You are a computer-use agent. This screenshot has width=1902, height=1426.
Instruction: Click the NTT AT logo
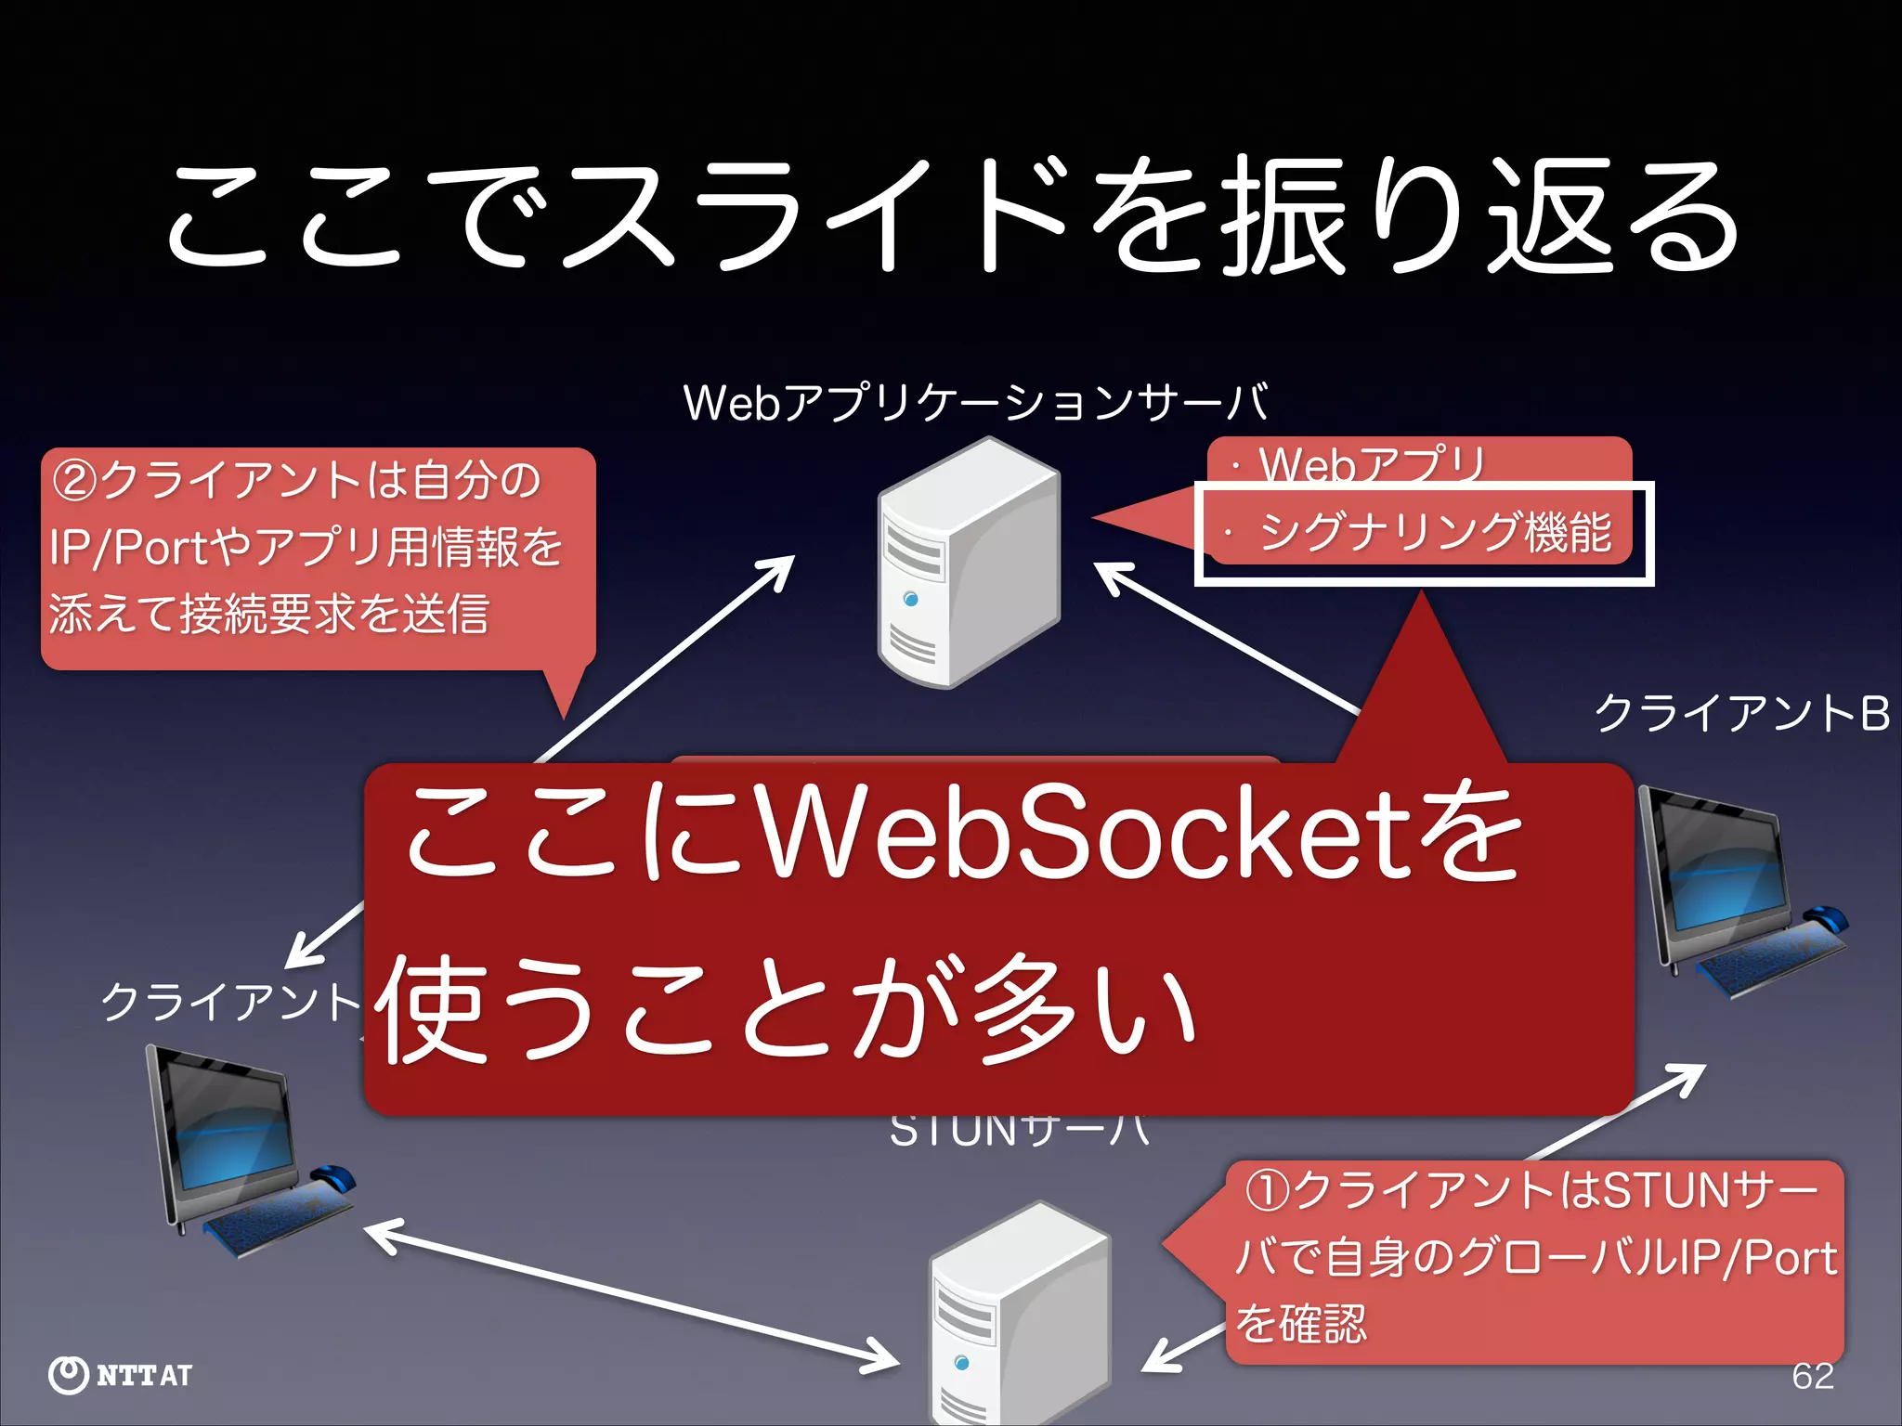[121, 1375]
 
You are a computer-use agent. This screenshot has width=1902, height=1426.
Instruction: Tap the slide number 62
[1813, 1376]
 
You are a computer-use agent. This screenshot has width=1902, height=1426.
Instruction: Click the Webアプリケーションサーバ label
[975, 403]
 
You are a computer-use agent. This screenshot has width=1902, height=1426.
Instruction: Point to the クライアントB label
[1742, 714]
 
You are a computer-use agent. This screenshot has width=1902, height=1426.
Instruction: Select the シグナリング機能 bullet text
[1435, 533]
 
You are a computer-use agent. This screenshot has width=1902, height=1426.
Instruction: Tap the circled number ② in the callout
[74, 481]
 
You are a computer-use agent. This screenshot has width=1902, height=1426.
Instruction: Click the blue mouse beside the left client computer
[334, 1178]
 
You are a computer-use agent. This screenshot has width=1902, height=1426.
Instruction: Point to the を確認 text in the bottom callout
[1300, 1324]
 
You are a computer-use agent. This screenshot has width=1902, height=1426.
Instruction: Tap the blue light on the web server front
[910, 600]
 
